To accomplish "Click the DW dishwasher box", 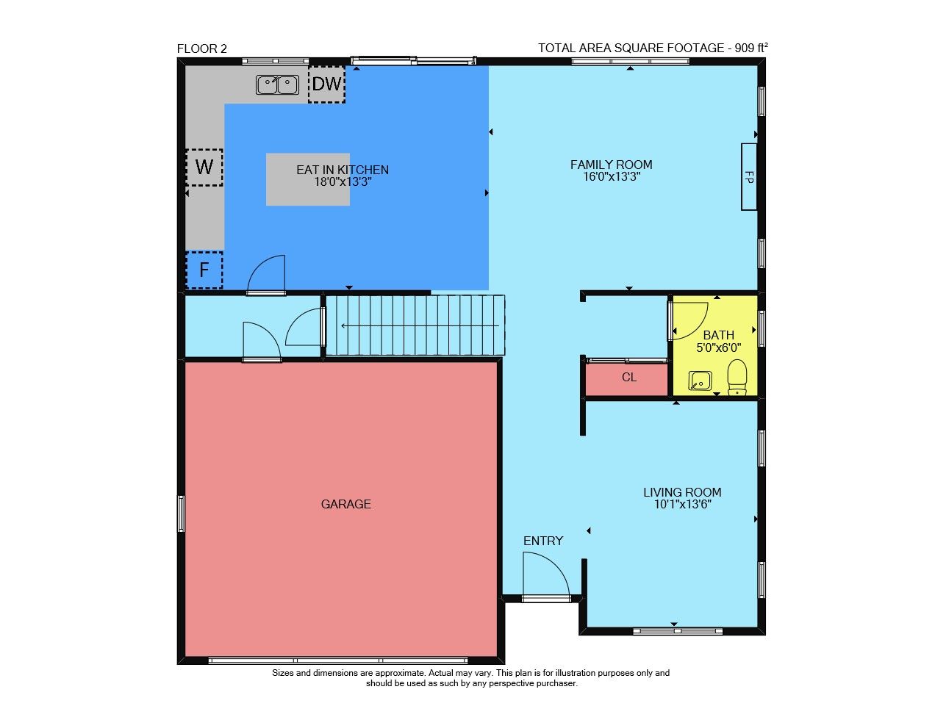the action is [x=326, y=84].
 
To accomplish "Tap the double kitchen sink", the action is [x=277, y=84].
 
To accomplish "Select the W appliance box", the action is [x=204, y=167].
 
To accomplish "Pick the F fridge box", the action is [x=204, y=270].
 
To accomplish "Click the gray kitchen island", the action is [x=307, y=179].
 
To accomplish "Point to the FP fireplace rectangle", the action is [x=748, y=176].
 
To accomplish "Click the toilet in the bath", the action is [x=737, y=377].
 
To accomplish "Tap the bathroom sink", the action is [x=700, y=381].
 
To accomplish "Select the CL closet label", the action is [x=628, y=377].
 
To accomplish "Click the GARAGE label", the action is [x=345, y=504].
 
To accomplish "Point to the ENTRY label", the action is [x=542, y=541].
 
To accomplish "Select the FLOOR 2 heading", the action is [x=201, y=48].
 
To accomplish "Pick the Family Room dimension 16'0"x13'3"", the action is [x=612, y=176].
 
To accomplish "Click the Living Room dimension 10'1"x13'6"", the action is [x=682, y=504].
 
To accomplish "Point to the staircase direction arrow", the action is [x=420, y=326].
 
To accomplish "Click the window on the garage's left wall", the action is [x=181, y=514].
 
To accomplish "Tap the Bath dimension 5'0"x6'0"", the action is [x=718, y=347].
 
